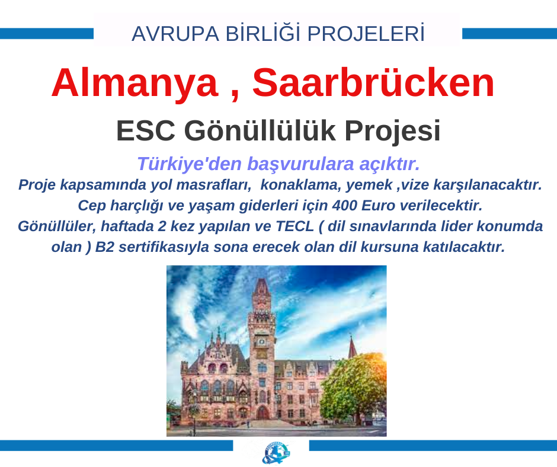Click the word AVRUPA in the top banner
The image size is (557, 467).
click(175, 34)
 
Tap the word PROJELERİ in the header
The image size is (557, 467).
click(366, 33)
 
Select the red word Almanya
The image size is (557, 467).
click(135, 84)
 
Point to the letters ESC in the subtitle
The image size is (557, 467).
click(145, 131)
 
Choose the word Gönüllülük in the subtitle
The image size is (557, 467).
click(260, 130)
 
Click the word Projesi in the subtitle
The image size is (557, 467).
click(392, 131)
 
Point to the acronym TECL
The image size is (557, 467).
click(295, 226)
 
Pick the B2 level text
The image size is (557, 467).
click(104, 247)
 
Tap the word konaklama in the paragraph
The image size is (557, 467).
click(300, 185)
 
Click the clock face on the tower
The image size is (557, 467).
click(261, 341)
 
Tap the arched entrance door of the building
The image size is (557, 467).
click(262, 412)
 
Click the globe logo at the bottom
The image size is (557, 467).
click(276, 453)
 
